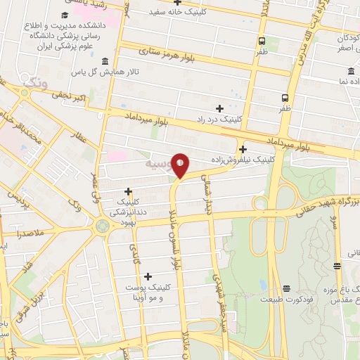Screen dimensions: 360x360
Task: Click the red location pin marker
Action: click(x=181, y=166)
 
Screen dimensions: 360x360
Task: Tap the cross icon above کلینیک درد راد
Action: click(x=219, y=108)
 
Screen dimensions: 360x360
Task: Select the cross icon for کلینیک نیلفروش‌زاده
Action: click(x=243, y=149)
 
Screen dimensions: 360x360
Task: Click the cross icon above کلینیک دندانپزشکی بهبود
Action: click(x=128, y=191)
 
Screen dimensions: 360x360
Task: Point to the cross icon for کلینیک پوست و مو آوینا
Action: click(x=147, y=276)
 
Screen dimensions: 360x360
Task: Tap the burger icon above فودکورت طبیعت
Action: click(x=286, y=288)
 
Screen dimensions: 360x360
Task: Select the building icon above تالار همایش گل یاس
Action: click(x=105, y=61)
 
